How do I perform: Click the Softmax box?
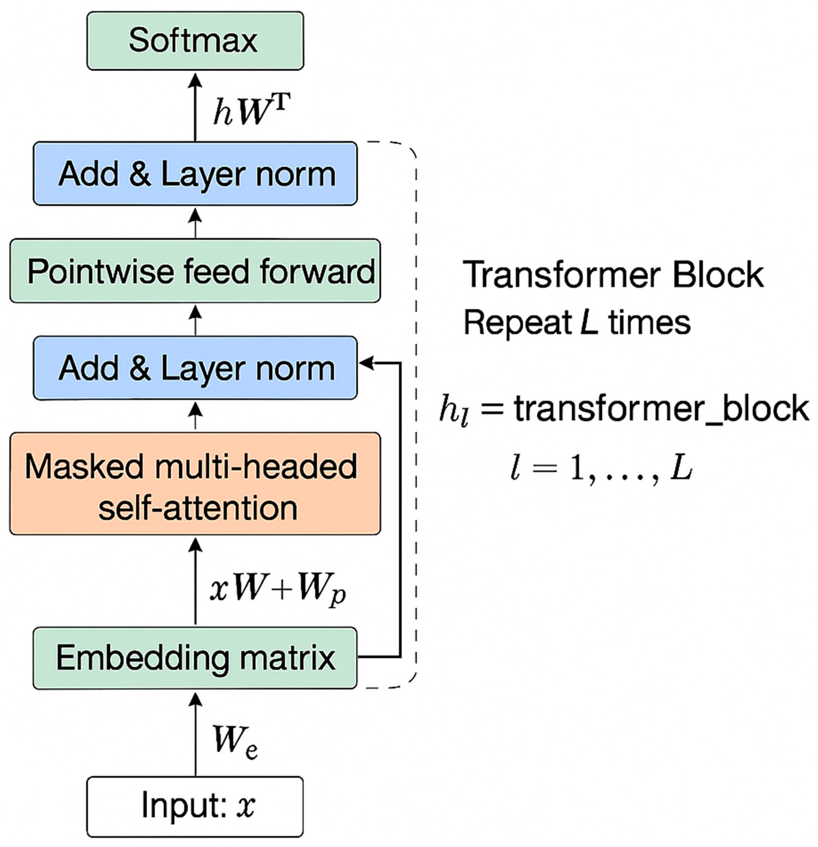click(195, 41)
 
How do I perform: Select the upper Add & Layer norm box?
click(195, 174)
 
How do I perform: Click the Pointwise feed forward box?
click(195, 271)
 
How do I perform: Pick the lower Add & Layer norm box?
click(195, 368)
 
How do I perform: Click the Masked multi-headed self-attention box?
click(195, 484)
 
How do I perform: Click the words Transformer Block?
click(613, 275)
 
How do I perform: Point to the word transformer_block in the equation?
click(661, 409)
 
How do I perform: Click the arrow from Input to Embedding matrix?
click(196, 735)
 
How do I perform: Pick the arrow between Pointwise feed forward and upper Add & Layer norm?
click(196, 222)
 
